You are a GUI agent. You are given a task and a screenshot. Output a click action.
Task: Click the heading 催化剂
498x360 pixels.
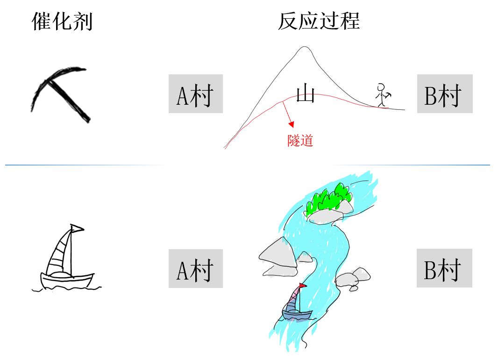(62, 22)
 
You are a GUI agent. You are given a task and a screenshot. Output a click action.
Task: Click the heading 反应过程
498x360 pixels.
(319, 22)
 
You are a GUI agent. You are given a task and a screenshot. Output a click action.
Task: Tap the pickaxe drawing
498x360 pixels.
(61, 94)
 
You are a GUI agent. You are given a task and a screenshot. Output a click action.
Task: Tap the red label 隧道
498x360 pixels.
(300, 140)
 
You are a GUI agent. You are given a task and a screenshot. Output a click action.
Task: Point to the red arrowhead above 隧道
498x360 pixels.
(292, 124)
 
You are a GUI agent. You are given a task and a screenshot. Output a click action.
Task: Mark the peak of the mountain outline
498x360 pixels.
(305, 47)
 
